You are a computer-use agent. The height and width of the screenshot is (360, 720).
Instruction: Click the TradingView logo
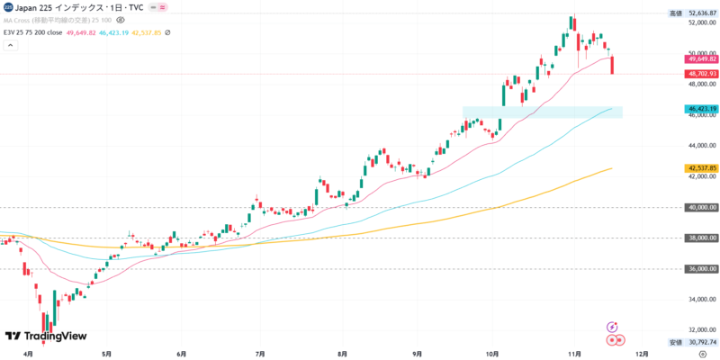[46, 336]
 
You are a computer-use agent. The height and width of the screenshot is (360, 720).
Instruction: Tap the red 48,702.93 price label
[701, 74]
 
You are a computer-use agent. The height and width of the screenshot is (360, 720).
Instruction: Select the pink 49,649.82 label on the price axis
[701, 59]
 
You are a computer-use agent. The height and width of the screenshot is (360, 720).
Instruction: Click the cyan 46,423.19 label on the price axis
[701, 109]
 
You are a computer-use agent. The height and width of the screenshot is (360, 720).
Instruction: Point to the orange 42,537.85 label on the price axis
[701, 168]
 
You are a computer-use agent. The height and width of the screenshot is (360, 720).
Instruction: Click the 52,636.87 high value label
[701, 13]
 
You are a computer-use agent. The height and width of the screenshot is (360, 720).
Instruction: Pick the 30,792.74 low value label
[701, 343]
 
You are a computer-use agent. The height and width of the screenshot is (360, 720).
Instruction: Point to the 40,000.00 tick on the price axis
[702, 207]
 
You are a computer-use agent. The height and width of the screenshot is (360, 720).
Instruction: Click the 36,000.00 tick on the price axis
[702, 269]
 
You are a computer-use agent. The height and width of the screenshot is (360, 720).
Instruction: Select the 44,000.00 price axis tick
[702, 146]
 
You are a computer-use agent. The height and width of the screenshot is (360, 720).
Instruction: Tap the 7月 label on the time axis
[260, 355]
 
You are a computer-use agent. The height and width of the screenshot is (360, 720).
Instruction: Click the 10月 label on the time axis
[492, 355]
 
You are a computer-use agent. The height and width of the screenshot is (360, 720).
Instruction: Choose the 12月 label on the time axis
[641, 355]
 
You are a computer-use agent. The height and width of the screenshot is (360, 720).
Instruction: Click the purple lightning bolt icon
[612, 327]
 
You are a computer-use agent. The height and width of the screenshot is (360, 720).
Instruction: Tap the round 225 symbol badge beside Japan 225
[7, 6]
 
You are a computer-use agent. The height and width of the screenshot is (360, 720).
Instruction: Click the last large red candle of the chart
[612, 65]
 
